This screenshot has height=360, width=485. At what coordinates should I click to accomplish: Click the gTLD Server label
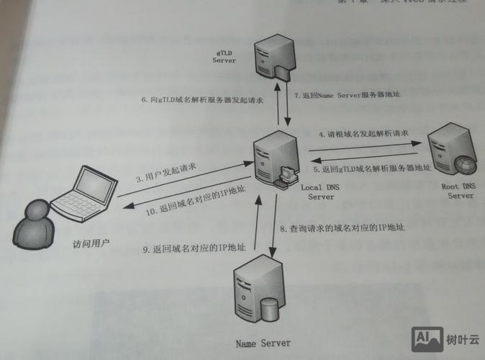[224, 57]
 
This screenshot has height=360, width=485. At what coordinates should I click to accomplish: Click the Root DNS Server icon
[452, 153]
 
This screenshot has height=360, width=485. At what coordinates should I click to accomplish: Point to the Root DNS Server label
[458, 190]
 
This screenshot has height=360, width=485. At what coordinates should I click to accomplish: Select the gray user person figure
[32, 222]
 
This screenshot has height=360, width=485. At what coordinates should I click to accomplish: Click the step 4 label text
[363, 134]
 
